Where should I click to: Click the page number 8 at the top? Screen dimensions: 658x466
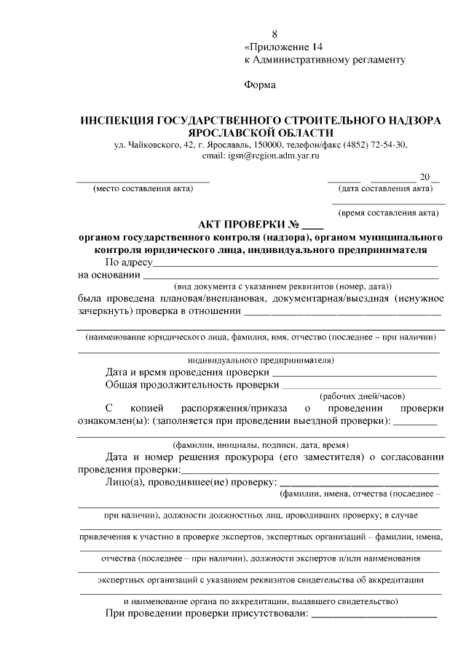tap(275, 34)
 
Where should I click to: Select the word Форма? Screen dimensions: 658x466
tap(260, 85)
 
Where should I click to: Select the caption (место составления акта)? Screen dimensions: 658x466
tap(143, 190)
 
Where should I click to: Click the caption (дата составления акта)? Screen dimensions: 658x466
tap(386, 190)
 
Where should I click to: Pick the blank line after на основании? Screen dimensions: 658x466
tap(291, 278)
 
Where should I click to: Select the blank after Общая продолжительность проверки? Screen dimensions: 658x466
tap(359, 386)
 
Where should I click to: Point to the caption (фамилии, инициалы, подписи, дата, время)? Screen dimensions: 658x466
tap(260, 444)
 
